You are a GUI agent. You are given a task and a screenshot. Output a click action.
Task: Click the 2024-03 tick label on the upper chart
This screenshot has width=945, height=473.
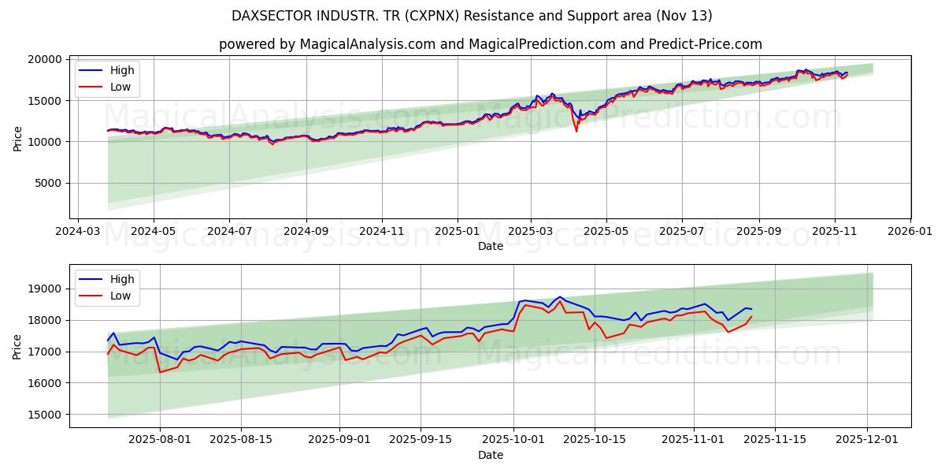click(77, 233)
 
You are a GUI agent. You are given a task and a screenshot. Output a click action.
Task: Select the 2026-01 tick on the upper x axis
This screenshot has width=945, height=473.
click(910, 233)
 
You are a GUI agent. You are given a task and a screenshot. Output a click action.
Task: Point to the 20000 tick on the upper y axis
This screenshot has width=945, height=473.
click(45, 59)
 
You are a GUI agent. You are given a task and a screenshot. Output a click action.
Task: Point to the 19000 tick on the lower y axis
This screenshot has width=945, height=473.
click(45, 289)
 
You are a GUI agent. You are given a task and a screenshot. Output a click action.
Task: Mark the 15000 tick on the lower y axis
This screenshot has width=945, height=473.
click(45, 415)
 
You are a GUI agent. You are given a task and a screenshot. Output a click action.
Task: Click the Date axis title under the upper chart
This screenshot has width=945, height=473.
click(490, 247)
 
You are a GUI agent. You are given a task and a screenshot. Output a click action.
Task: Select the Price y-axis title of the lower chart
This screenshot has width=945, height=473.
click(17, 346)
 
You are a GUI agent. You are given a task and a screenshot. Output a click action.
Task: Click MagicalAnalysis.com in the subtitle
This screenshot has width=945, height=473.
click(368, 44)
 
